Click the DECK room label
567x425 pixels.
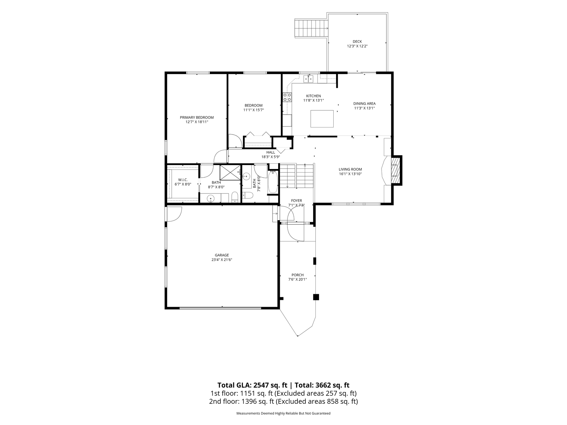357,42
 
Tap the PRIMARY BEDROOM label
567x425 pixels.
197,117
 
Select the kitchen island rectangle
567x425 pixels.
322,119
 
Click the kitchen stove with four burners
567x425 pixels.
287,97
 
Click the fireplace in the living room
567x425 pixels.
395,170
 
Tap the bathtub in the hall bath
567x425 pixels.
273,182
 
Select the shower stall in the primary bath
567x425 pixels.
230,173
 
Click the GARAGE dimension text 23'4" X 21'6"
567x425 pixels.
222,260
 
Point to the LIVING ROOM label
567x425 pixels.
350,169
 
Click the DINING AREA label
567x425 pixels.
364,104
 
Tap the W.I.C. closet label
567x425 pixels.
183,180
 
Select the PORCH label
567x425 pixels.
297,275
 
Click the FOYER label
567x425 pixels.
296,201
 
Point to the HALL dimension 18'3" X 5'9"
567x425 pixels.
271,157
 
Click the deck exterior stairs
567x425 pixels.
311,29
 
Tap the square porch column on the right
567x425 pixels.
316,297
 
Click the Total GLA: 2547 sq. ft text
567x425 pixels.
253,385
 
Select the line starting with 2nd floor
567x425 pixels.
283,401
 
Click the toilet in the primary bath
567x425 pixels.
235,197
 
